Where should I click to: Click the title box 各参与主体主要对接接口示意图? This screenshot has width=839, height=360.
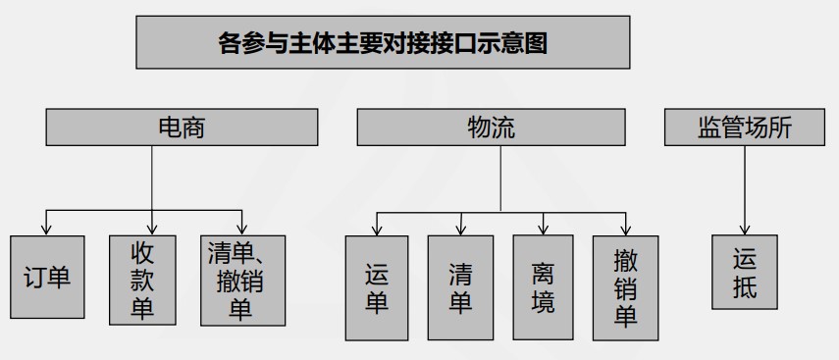point(383,43)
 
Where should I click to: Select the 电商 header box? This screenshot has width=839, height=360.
point(182,128)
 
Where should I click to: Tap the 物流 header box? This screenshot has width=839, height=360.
point(491,128)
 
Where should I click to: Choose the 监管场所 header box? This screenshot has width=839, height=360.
point(745,128)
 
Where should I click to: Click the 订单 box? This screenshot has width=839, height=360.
point(47,279)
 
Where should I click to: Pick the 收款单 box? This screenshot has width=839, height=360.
point(143,281)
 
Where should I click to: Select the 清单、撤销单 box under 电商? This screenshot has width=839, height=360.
point(242,281)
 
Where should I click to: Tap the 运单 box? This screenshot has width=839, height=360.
point(378,287)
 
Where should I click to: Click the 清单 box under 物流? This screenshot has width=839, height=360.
point(460,287)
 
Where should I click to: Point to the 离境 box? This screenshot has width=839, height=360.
point(543,287)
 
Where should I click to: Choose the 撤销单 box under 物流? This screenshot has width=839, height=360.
point(625,287)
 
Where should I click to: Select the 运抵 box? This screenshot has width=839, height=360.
point(745,272)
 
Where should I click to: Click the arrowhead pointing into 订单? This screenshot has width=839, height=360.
point(47,230)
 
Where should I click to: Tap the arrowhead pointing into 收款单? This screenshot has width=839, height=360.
point(152,230)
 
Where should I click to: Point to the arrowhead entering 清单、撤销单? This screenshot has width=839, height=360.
point(242,230)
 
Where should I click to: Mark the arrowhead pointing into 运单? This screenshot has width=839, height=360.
point(378,231)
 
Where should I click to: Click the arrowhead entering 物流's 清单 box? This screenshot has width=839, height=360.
point(460,231)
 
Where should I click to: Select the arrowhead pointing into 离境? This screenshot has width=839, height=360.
point(543,231)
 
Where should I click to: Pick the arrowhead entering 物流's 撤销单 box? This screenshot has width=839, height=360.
point(625,231)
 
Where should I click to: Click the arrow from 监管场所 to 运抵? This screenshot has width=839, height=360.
point(745,191)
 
